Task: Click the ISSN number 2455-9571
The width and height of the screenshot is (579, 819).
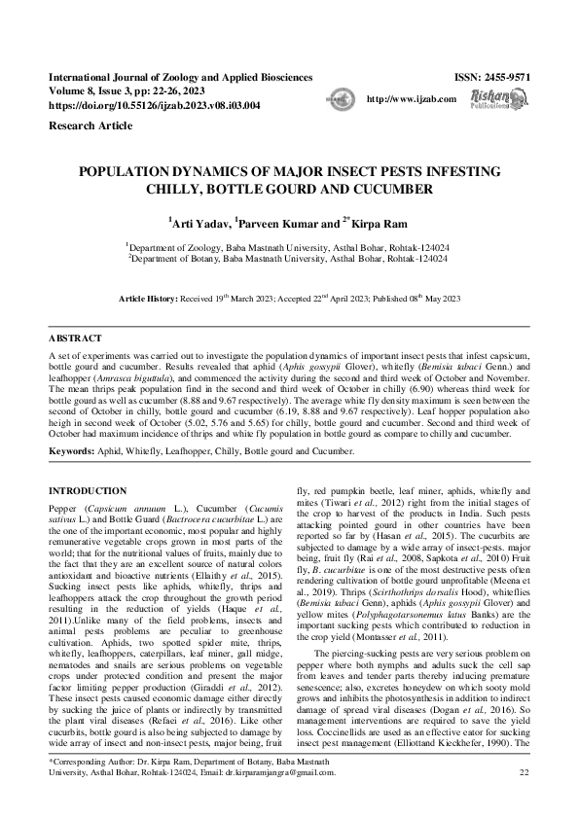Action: (x=508, y=76)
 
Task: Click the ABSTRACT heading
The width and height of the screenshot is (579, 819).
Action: (x=74, y=338)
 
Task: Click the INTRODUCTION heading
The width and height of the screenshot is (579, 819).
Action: (x=89, y=491)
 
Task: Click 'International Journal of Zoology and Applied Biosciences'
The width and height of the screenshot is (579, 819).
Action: (x=180, y=76)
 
